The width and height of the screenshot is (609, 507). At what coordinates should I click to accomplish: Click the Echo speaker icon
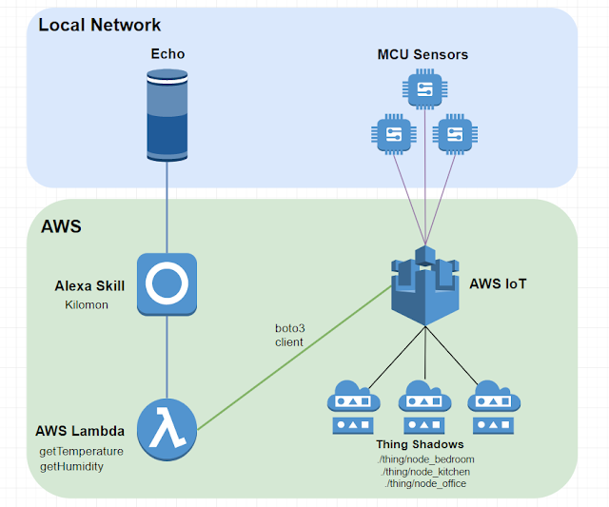point(167,115)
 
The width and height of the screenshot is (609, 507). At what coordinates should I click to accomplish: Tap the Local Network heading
point(99,26)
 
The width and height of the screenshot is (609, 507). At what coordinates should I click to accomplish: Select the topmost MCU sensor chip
point(425,88)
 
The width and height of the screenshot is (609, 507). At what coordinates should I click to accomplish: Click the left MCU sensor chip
point(394,134)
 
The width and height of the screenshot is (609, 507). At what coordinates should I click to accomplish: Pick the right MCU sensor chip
point(455,134)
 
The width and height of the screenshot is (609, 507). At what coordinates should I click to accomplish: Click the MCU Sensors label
point(422,55)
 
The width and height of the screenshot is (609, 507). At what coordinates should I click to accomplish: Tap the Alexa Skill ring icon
point(167,283)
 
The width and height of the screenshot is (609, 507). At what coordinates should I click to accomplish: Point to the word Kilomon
point(87,304)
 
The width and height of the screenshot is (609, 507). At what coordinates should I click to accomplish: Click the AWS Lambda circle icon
point(167,429)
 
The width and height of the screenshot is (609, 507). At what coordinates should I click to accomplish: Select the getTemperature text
point(81,452)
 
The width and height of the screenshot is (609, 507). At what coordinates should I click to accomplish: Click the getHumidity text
point(71,466)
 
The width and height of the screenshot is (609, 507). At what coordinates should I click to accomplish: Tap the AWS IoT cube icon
point(425,285)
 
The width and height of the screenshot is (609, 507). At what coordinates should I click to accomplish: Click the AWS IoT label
point(498,283)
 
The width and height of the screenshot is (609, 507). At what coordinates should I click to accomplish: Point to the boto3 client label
point(289,335)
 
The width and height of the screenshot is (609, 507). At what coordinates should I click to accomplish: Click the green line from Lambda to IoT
point(294,358)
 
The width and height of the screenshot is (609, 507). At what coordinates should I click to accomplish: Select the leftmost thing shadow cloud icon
point(353,407)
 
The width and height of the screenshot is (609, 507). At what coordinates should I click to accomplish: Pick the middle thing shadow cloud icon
point(424,407)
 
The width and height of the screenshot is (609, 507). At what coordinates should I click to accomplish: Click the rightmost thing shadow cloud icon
point(494,407)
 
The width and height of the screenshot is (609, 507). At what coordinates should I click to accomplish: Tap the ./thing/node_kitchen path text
point(425,472)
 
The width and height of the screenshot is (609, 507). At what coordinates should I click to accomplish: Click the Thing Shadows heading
point(420,444)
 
